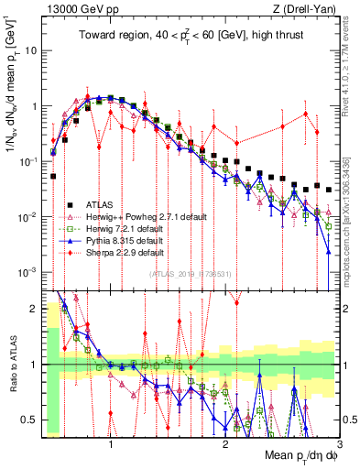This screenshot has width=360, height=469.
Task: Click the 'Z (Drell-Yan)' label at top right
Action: pyautogui.click(x=307, y=8)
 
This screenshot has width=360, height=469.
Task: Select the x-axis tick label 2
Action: pyautogui.click(x=225, y=444)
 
